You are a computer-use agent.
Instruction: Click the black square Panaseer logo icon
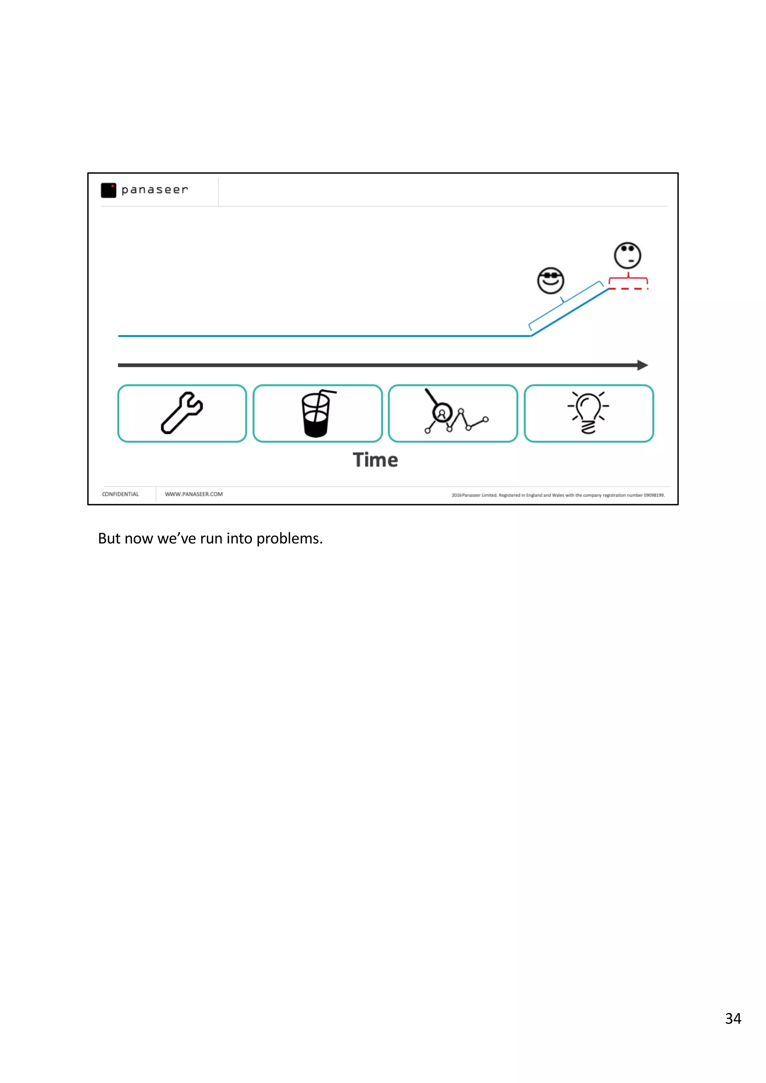click(x=108, y=190)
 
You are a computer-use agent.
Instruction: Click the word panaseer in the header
click(x=154, y=189)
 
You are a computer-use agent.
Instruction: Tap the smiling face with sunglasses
click(x=550, y=281)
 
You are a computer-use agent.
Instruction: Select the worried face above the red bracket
click(x=627, y=256)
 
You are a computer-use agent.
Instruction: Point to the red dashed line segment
click(x=628, y=289)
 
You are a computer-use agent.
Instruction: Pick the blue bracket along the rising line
click(x=564, y=304)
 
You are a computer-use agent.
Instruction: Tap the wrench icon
click(x=182, y=413)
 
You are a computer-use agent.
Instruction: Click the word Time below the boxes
click(x=375, y=460)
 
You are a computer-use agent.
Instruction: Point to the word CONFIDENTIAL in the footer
click(x=120, y=494)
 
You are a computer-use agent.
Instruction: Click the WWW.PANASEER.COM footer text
click(x=193, y=494)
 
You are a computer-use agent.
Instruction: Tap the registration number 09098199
click(x=654, y=495)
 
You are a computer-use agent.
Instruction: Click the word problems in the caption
click(x=289, y=539)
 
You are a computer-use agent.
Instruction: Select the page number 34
click(x=733, y=1019)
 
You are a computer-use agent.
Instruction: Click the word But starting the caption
click(x=109, y=539)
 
